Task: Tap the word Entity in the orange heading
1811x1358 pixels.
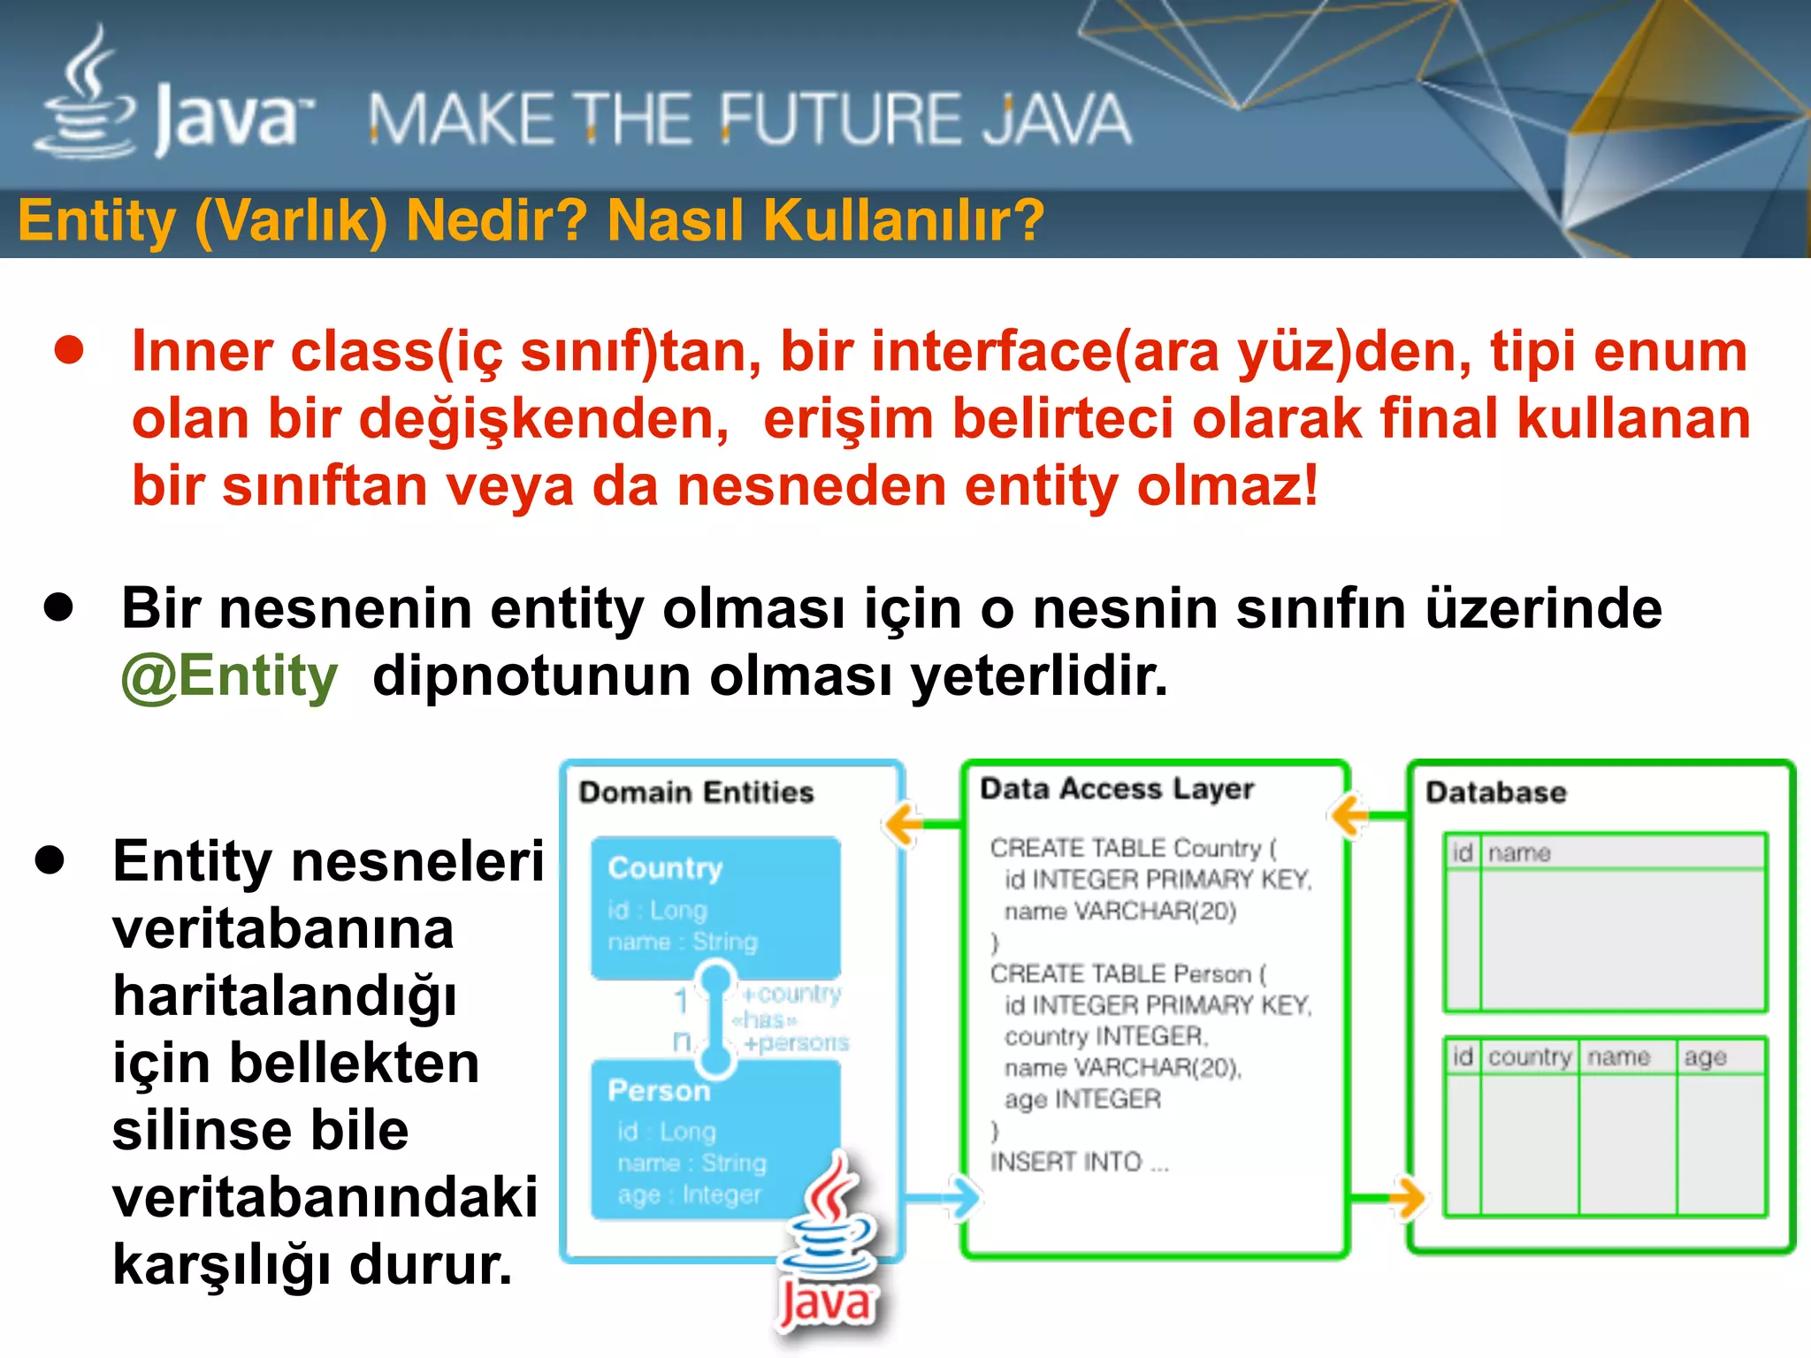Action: [x=96, y=220]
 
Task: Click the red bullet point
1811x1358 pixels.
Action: [x=69, y=350]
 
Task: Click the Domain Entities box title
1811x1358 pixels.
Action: [x=696, y=792]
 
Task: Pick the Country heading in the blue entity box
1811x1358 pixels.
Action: [x=665, y=868]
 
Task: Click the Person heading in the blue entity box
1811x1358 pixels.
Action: [x=659, y=1090]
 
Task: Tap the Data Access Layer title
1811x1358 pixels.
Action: [x=1117, y=789]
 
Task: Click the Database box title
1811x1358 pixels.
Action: [x=1495, y=792]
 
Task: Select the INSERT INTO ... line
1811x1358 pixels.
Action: [x=1079, y=1162]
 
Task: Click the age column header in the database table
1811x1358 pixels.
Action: [x=1705, y=1057]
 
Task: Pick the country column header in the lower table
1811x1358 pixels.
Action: [x=1529, y=1057]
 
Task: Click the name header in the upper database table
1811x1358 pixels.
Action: [x=1519, y=853]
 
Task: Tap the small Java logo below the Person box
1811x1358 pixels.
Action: [x=827, y=1247]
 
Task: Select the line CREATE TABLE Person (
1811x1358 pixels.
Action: [x=1127, y=973]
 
